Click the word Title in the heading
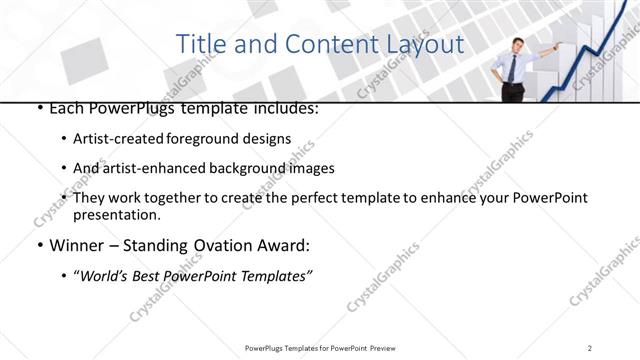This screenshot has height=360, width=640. click(198, 45)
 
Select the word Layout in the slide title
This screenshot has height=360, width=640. click(425, 45)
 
